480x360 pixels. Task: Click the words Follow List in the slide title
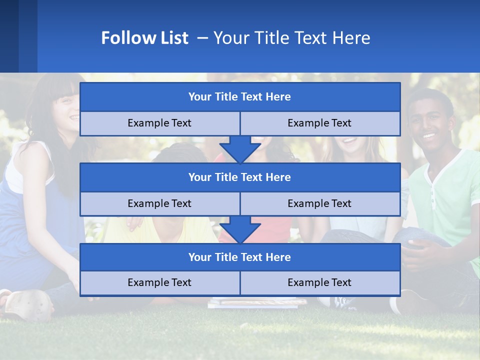pyautogui.click(x=144, y=38)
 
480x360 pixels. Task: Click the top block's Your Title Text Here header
pyautogui.click(x=239, y=97)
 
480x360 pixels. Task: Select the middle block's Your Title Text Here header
pyautogui.click(x=239, y=177)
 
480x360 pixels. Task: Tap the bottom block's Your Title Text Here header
pyautogui.click(x=239, y=257)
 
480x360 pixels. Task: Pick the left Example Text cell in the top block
pyautogui.click(x=159, y=123)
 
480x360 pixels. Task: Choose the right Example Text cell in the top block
pyautogui.click(x=319, y=123)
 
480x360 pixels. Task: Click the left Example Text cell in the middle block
pyautogui.click(x=159, y=203)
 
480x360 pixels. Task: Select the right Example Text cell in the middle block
pyautogui.click(x=319, y=203)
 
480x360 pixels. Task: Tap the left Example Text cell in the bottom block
pyautogui.click(x=159, y=282)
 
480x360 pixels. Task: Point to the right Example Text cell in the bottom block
pyautogui.click(x=319, y=282)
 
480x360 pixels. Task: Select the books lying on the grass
pyautogui.click(x=257, y=302)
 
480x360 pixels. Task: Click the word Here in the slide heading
pyautogui.click(x=352, y=38)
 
